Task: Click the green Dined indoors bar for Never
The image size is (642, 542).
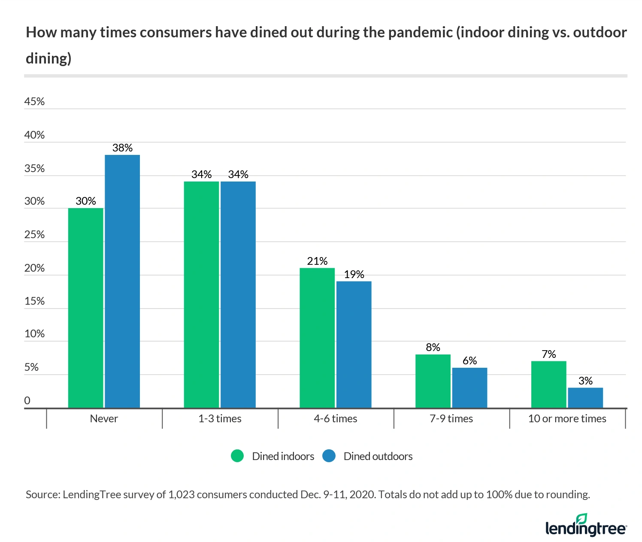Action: click(x=85, y=308)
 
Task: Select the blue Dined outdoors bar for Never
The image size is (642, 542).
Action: click(x=122, y=281)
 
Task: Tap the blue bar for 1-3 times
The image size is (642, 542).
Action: click(x=238, y=294)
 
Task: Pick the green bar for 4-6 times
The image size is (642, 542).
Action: click(x=317, y=338)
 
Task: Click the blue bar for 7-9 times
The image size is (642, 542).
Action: click(x=469, y=388)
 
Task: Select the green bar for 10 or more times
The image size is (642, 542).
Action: click(x=548, y=384)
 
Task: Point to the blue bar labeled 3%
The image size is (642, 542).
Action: click(x=585, y=397)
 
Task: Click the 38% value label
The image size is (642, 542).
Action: click(x=122, y=148)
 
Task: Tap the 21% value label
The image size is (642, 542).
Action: click(x=317, y=261)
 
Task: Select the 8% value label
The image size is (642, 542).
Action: click(x=433, y=347)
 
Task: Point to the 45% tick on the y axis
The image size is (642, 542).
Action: click(x=34, y=102)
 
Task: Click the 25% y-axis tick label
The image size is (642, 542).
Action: click(x=34, y=235)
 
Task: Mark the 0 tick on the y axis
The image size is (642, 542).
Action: click(x=27, y=401)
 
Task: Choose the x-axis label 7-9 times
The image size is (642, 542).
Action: click(x=451, y=419)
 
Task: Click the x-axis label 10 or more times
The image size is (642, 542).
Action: click(x=567, y=419)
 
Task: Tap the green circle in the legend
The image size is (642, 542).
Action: click(x=237, y=456)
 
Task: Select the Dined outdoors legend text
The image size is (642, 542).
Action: click(x=378, y=456)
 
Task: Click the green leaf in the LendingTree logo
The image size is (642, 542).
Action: click(x=581, y=518)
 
